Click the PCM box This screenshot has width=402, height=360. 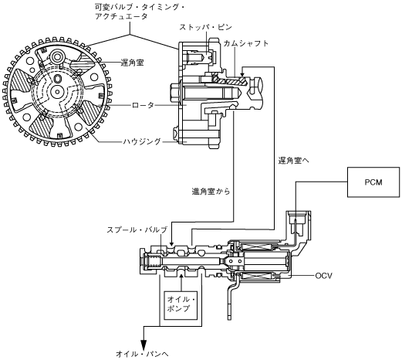tap(373, 182)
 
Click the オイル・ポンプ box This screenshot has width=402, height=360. tap(181, 305)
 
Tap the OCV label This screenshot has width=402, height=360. tap(323, 276)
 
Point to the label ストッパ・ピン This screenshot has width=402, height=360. tap(205, 27)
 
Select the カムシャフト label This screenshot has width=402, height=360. tap(246, 43)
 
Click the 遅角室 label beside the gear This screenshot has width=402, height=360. tap(132, 63)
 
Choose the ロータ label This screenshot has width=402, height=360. tap(143, 105)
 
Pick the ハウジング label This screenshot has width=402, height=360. tap(142, 141)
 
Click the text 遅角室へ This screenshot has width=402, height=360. tap(293, 161)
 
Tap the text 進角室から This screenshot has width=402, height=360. tap(211, 192)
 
